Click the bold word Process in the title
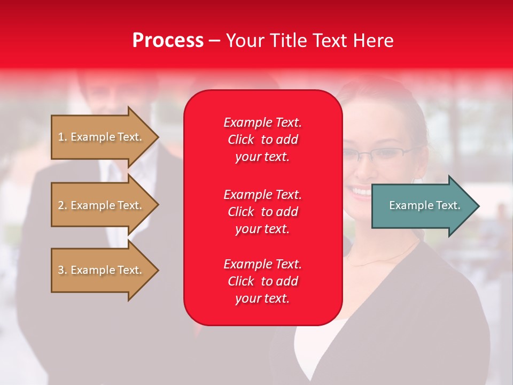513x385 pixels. tap(168, 41)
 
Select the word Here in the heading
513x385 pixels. tap(374, 41)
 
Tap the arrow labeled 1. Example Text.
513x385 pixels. tap(100, 137)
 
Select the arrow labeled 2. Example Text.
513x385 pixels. tap(100, 205)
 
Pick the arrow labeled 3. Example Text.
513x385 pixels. tap(100, 270)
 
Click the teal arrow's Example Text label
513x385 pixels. tap(424, 205)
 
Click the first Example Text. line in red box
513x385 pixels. tap(262, 122)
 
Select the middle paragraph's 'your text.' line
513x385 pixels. tap(262, 229)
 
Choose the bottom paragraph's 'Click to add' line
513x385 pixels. tap(262, 281)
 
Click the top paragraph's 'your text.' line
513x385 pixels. tap(262, 157)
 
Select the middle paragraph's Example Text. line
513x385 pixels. tap(262, 195)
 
